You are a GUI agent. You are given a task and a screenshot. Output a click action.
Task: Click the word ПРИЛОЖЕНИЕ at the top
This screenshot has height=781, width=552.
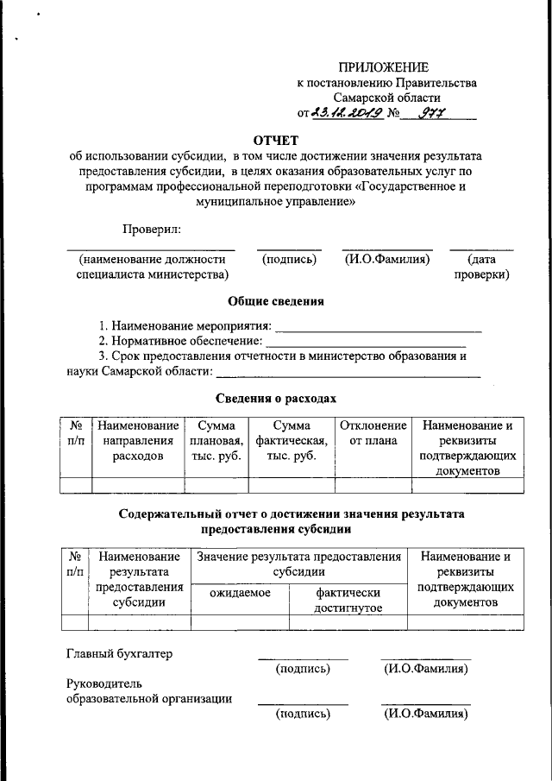pyautogui.click(x=383, y=67)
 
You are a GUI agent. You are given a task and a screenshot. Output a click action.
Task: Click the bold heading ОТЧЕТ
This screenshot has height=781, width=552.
pyautogui.click(x=276, y=141)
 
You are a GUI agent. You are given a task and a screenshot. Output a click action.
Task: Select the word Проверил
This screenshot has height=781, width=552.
pyautogui.click(x=152, y=229)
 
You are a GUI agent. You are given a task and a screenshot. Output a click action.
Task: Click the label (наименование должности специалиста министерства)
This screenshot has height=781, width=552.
pyautogui.click(x=153, y=267)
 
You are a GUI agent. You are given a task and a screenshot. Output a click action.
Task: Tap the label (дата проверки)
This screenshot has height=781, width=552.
pyautogui.click(x=481, y=267)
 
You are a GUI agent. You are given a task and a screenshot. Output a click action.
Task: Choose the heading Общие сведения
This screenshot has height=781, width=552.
pyautogui.click(x=276, y=301)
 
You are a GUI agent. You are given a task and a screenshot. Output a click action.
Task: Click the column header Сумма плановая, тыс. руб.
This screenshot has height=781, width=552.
pyautogui.click(x=216, y=441)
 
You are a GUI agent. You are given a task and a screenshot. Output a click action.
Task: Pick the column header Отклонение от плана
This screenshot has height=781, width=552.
pyautogui.click(x=373, y=433)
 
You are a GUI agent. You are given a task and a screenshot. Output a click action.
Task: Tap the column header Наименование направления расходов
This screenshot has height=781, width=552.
pyautogui.click(x=138, y=441)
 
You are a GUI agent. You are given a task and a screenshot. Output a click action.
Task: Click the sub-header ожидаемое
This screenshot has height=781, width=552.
pyautogui.click(x=240, y=593)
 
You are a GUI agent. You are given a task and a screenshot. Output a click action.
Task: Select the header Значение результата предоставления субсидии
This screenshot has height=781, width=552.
pyautogui.click(x=299, y=564)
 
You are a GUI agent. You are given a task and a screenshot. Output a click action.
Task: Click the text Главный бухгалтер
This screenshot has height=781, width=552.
pyautogui.click(x=119, y=653)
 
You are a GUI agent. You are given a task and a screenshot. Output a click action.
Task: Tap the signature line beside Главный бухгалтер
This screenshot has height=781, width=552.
pyautogui.click(x=303, y=658)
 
